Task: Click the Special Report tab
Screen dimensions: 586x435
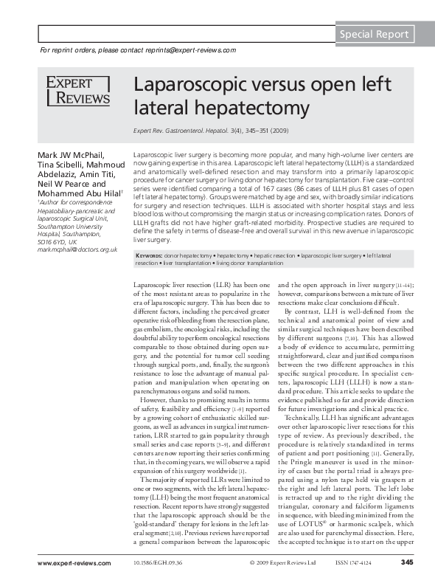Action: click(374, 34)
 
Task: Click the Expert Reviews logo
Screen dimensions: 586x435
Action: click(77, 91)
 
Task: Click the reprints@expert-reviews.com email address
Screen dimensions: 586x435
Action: click(194, 50)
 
